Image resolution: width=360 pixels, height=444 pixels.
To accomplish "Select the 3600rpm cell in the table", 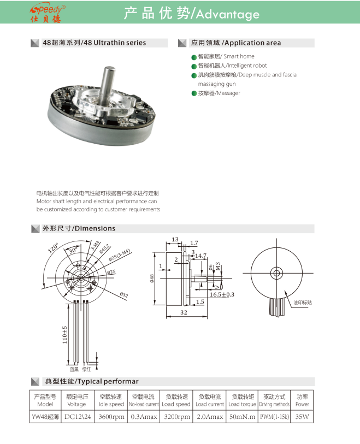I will click(x=110, y=417).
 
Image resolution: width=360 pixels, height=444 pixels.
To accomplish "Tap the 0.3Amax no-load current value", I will click(x=144, y=417).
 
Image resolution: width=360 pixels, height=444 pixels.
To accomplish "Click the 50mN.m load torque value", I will click(x=242, y=417).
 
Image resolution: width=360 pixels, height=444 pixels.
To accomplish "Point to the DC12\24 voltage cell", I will click(x=76, y=417).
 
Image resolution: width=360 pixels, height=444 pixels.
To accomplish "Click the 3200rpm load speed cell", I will click(x=176, y=417).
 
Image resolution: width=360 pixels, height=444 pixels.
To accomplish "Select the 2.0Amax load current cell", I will click(x=209, y=417).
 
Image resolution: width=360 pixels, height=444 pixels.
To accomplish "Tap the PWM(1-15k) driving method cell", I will click(x=275, y=417).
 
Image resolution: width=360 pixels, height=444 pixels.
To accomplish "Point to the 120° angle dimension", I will click(x=52, y=248).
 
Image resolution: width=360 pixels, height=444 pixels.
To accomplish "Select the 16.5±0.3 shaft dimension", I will click(x=221, y=294).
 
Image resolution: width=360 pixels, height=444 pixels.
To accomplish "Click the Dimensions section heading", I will click(x=79, y=228).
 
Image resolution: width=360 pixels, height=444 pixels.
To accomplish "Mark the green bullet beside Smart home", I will click(x=193, y=57).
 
